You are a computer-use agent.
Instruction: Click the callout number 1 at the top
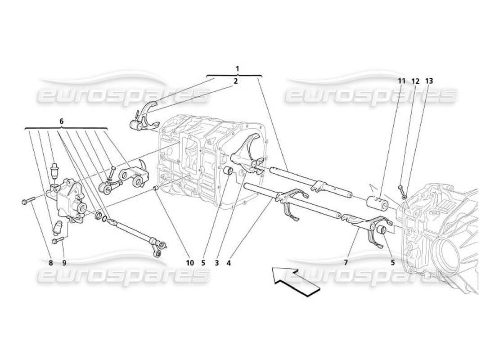(x=237, y=69)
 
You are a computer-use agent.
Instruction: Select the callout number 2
(x=235, y=81)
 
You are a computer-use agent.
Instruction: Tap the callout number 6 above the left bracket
(x=61, y=121)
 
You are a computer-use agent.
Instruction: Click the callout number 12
(x=415, y=81)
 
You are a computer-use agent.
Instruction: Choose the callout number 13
(x=429, y=81)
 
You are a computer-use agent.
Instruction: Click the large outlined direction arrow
(x=295, y=281)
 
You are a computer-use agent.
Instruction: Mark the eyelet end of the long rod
(x=157, y=254)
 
